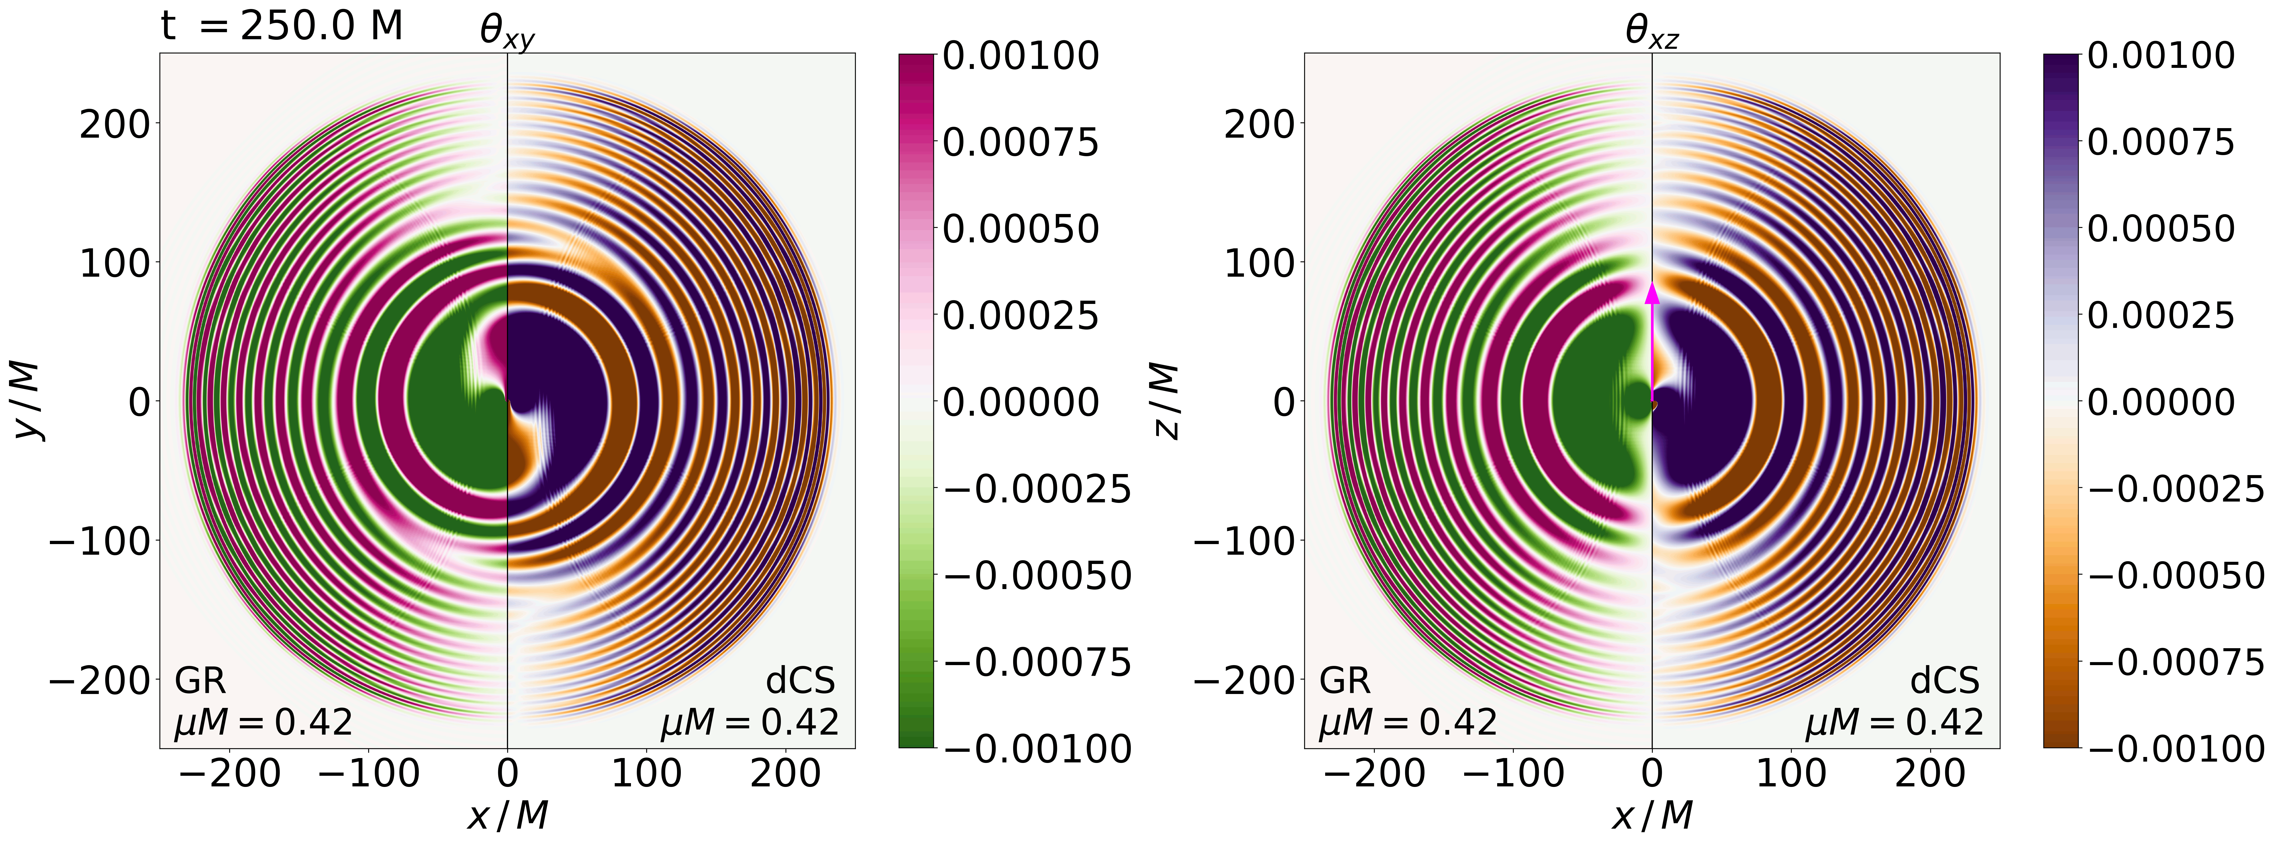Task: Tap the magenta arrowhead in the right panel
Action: coord(1651,294)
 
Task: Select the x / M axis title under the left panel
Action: coord(507,814)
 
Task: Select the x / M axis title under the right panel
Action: coord(1651,814)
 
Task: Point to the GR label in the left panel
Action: coord(201,681)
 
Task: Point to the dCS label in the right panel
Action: coord(1945,681)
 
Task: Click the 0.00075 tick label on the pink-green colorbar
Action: coord(1020,142)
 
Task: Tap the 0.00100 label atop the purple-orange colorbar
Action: coord(2159,56)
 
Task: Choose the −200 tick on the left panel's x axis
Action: coord(229,774)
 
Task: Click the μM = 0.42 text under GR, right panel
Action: coord(1408,722)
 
